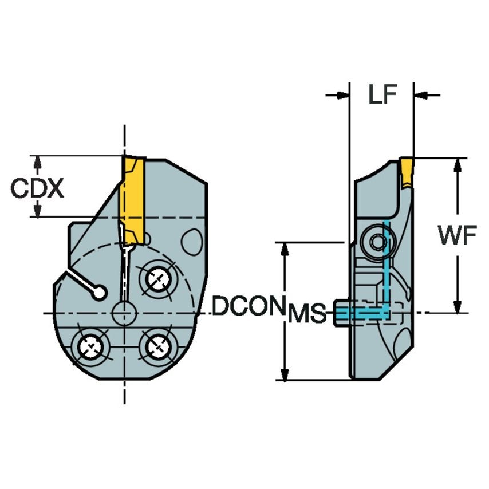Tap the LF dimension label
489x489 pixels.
tap(382, 95)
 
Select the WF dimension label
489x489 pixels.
tap(456, 235)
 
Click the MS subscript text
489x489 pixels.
tap(307, 314)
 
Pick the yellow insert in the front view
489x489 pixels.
tap(131, 192)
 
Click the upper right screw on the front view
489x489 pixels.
tap(157, 279)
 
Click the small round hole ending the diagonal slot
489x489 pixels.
tap(100, 293)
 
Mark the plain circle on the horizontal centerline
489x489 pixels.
tap(124, 313)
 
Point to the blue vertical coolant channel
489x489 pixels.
tap(386, 263)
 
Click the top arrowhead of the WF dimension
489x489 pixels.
tap(457, 164)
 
